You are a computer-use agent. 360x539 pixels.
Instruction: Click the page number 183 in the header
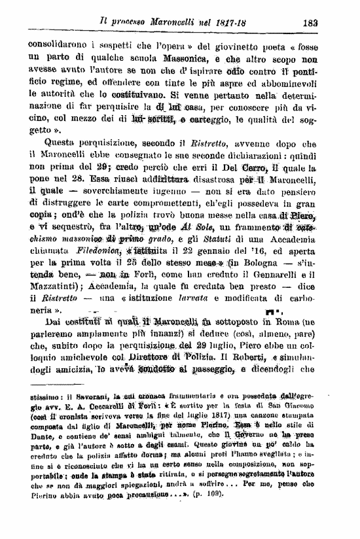[312, 22]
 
